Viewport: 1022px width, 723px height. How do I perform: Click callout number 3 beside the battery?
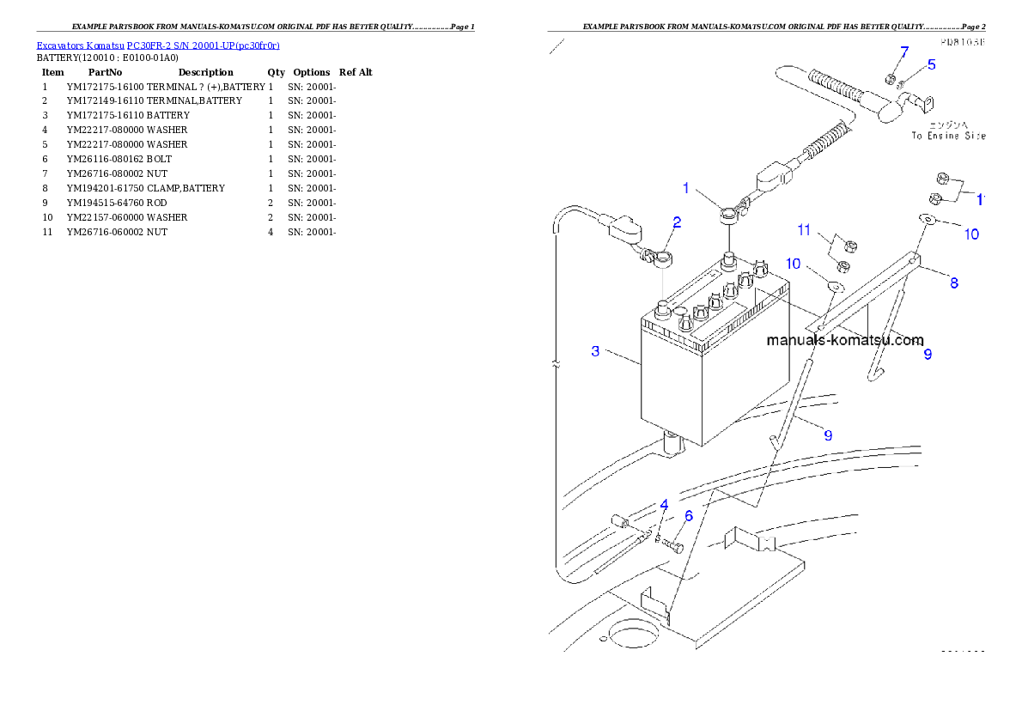[595, 351]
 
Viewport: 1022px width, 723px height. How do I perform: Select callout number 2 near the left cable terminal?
[677, 222]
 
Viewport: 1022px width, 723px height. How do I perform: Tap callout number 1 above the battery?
[686, 187]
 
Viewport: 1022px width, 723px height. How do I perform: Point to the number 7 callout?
[903, 54]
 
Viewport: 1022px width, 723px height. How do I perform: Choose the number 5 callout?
[931, 64]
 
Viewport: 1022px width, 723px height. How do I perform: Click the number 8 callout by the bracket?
[954, 282]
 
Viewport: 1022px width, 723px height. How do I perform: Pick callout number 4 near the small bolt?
[664, 505]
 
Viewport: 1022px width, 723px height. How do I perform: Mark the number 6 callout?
[688, 516]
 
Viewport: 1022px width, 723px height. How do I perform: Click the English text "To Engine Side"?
[948, 136]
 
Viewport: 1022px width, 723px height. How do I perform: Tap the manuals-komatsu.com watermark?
[844, 340]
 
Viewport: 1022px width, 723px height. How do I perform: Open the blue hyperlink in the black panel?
[158, 45]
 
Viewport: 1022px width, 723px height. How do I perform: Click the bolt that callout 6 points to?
[674, 545]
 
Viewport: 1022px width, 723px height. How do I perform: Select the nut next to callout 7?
[891, 80]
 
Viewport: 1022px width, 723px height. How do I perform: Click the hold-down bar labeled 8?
[867, 296]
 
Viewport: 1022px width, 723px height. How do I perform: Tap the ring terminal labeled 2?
[664, 257]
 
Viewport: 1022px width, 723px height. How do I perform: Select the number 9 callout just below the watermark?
[928, 354]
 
